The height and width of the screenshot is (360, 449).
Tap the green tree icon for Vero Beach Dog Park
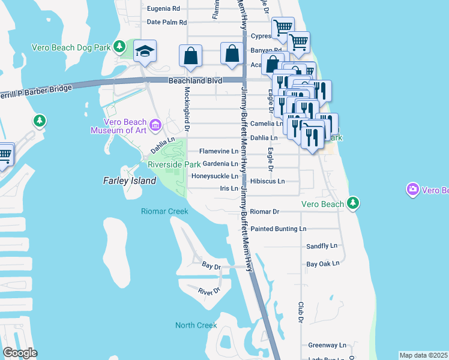120,46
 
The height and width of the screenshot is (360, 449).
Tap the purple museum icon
155,125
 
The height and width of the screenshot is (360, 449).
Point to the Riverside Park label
174,164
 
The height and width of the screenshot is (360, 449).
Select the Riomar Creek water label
164,211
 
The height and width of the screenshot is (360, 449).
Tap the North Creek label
196,325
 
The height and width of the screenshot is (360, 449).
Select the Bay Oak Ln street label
323,263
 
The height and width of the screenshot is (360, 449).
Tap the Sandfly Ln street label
322,246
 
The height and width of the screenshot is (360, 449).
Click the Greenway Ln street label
327,346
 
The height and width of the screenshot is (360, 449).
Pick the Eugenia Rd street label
163,9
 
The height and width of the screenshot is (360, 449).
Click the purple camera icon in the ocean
412,190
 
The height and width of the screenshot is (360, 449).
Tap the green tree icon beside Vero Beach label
354,203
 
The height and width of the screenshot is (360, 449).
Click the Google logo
20,353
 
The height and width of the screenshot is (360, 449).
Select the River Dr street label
209,291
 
